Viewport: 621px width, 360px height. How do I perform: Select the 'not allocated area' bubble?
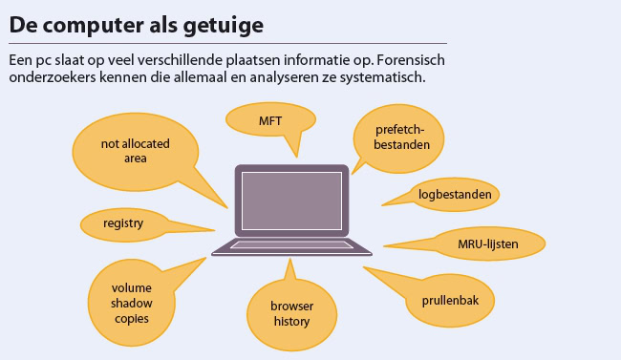tap(121, 151)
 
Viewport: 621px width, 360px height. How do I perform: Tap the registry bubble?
tap(123, 223)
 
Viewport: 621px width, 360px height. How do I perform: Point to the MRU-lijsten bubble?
tap(487, 244)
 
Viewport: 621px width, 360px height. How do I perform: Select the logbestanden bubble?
tap(455, 195)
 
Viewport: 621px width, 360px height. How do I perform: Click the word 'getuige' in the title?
tap(225, 24)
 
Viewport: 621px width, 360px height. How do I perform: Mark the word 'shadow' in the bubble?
tap(131, 303)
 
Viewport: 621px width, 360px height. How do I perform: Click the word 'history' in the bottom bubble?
tap(291, 322)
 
